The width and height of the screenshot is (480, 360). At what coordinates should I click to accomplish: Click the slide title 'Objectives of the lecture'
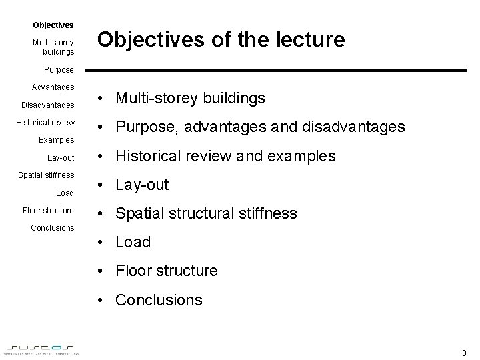(221, 40)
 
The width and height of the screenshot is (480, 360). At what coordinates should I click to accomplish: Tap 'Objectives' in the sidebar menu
(53, 25)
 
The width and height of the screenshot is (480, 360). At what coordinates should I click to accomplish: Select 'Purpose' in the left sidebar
(59, 70)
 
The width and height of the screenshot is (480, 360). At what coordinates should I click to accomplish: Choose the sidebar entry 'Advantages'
(53, 87)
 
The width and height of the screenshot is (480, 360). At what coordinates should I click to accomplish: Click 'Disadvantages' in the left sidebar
(48, 105)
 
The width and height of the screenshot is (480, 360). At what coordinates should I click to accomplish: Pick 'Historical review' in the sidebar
(45, 123)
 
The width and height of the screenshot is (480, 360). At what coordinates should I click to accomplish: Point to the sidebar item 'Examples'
(57, 140)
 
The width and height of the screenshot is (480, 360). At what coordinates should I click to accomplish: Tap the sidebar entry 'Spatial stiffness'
(46, 175)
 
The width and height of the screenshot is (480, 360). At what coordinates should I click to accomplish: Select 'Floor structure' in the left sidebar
(49, 211)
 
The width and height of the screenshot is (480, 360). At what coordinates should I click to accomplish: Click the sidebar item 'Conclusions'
(53, 228)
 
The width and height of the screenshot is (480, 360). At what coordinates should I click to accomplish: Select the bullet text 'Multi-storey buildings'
(190, 98)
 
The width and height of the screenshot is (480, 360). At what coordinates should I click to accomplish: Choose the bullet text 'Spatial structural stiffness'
(206, 213)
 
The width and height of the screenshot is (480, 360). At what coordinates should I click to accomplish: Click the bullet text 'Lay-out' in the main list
(142, 185)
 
